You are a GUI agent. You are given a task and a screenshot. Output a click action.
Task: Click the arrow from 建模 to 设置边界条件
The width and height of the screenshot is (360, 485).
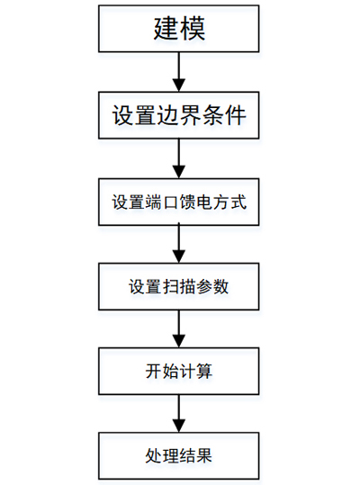point(179,72)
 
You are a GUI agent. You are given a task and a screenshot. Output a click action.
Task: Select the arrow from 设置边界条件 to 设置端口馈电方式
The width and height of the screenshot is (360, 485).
point(179,158)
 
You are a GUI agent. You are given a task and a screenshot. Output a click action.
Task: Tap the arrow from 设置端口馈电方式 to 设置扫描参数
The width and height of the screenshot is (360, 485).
point(179,244)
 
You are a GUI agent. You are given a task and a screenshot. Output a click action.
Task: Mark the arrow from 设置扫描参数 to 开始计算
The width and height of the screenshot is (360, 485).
point(179,328)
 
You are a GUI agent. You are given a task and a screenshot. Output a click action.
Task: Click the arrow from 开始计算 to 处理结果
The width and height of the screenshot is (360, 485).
point(179,414)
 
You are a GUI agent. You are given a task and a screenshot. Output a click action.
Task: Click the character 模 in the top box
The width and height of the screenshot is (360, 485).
point(193,29)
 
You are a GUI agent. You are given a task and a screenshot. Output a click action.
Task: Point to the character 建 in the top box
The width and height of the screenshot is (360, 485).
point(166,29)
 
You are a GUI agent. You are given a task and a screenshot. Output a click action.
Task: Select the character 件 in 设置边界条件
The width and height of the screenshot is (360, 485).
point(236,115)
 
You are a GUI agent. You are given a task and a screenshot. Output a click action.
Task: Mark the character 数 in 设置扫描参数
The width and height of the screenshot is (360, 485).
point(220,287)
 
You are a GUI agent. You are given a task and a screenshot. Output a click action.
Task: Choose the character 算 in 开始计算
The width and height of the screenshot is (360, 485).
point(204,371)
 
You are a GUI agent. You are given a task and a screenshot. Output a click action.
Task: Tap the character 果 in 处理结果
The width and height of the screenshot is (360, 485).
point(204,456)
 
